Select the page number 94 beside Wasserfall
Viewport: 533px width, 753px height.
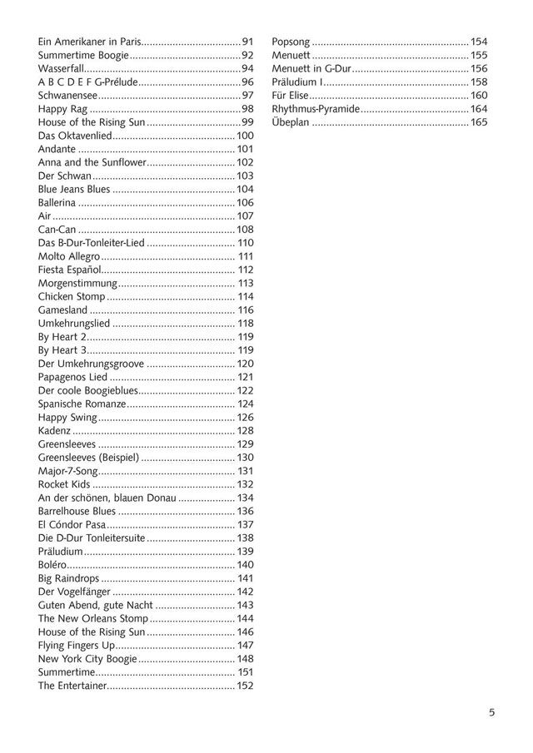pyautogui.click(x=247, y=68)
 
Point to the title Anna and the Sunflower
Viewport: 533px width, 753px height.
pyautogui.click(x=92, y=162)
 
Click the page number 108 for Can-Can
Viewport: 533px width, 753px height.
pyautogui.click(x=245, y=230)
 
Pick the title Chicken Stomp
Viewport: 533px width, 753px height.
pyautogui.click(x=72, y=296)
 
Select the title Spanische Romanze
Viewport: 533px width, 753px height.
pyautogui.click(x=82, y=404)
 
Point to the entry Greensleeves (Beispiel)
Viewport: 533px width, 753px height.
pyautogui.click(x=88, y=458)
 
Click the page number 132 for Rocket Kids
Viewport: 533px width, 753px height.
pyautogui.click(x=245, y=484)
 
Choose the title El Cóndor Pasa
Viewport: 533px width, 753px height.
pyautogui.click(x=71, y=524)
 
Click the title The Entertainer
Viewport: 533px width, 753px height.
pyautogui.click(x=73, y=686)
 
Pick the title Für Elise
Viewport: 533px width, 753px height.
pyautogui.click(x=291, y=96)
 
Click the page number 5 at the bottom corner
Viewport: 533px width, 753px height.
pyautogui.click(x=492, y=712)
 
